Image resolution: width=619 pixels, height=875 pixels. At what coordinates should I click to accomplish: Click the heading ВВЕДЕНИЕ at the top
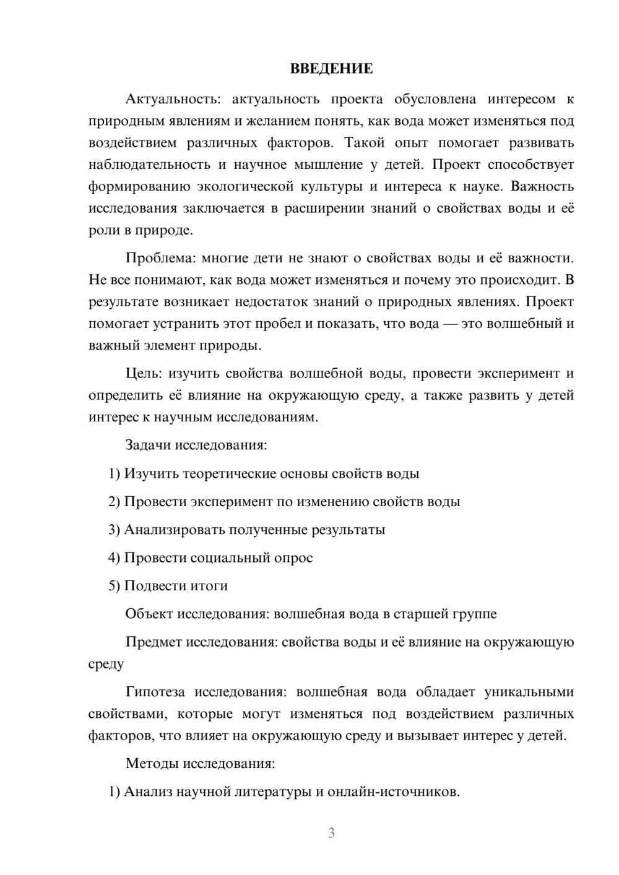coord(331,69)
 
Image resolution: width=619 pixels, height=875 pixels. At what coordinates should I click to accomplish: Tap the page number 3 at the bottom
coord(331,833)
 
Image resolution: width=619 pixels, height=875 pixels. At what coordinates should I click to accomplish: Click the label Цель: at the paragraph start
coord(144,374)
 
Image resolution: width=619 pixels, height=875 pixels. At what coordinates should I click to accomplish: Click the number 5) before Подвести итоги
coord(114,586)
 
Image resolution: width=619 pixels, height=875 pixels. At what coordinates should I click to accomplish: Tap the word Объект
coord(149,614)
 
